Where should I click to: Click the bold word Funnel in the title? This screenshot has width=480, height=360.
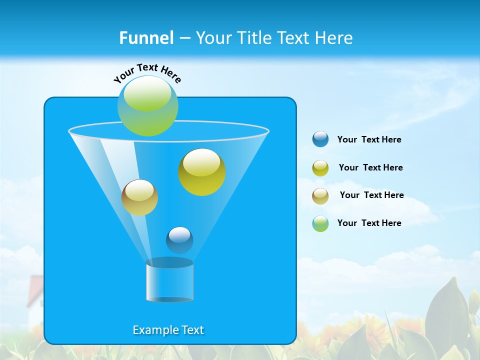tap(146, 38)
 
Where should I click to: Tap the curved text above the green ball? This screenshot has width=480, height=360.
tap(147, 72)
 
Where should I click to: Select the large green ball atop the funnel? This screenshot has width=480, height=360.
tap(148, 106)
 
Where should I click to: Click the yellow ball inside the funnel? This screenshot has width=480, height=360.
tap(202, 172)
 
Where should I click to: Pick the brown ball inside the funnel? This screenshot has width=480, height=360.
tap(139, 197)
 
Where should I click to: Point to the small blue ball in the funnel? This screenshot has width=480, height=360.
tap(179, 240)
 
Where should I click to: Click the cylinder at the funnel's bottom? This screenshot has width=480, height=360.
tap(170, 281)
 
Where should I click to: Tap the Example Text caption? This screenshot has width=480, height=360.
tap(168, 330)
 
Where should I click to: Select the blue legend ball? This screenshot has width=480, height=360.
tap(320, 139)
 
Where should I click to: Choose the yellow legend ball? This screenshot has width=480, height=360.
tap(320, 168)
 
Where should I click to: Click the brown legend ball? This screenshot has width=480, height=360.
tap(320, 195)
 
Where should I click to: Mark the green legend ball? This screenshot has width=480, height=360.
tap(320, 223)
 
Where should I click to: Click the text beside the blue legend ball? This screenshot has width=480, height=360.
tap(369, 139)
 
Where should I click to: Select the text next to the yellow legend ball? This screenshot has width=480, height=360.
tap(371, 167)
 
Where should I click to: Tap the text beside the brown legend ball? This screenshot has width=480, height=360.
tap(372, 195)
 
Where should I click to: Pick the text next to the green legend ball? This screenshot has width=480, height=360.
tap(369, 223)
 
